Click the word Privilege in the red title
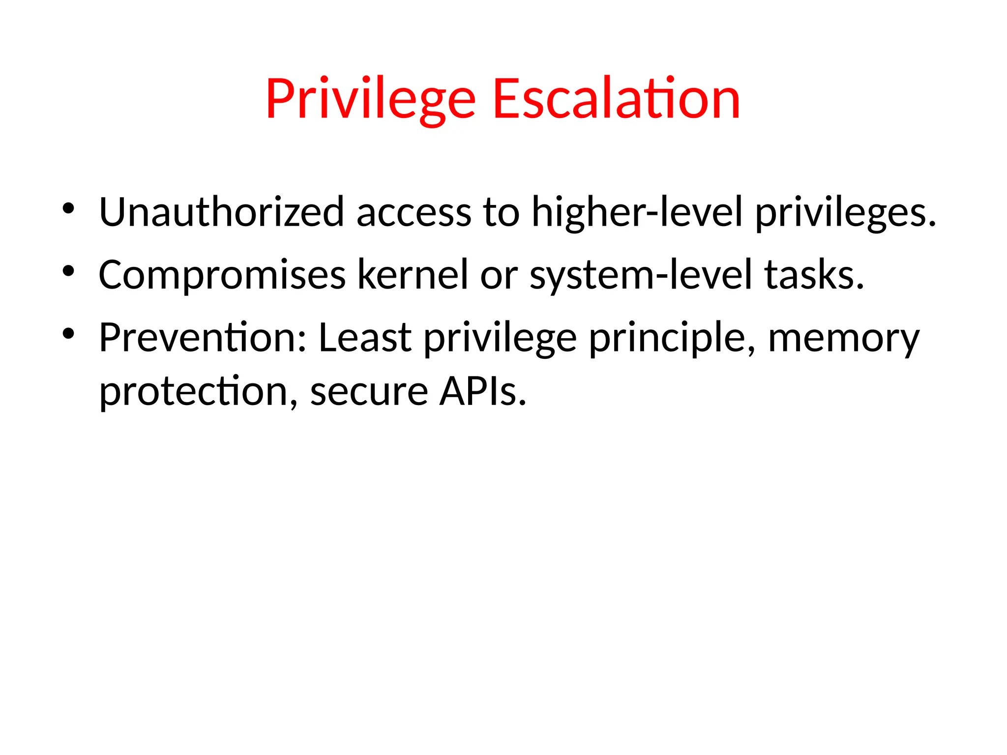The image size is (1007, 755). coord(371,99)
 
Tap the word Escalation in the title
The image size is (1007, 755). coord(616,99)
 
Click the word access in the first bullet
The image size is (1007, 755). coord(414,213)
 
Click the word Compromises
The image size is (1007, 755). coord(222,275)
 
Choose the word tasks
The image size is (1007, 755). coord(814,275)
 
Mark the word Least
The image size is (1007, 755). coord(365,338)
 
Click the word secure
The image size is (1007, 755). coord(369,392)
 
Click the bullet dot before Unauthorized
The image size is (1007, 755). coord(68,208)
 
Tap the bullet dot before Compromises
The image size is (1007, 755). coord(68,271)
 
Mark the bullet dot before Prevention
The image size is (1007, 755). coord(68,334)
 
